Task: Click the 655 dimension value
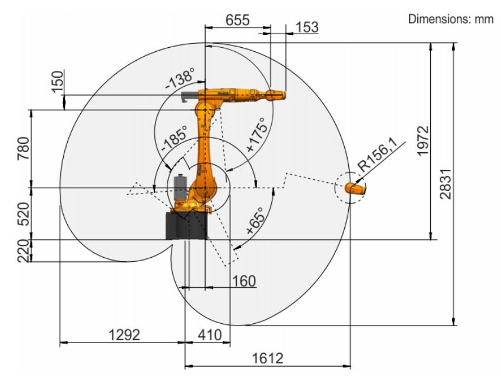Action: pos(238,20)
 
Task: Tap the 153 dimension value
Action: pos(307,27)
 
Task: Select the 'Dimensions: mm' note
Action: pos(450,19)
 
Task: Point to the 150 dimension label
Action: pos(58,81)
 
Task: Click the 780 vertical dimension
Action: pos(24,149)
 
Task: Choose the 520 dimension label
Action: pos(24,214)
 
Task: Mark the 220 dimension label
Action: pos(24,251)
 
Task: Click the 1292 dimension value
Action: pos(124,335)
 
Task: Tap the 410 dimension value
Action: pos(210,335)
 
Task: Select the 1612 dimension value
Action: pos(268,358)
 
